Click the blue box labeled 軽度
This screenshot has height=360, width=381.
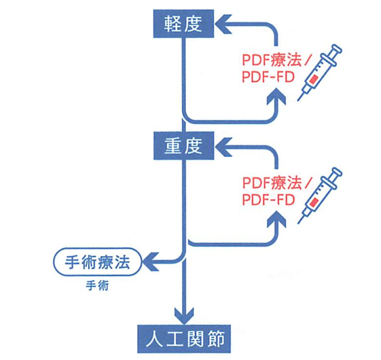point(183,24)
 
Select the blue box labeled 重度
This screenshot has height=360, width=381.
point(183,145)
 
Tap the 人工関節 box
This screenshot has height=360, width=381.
point(184,339)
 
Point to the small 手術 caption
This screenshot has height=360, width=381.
point(97,286)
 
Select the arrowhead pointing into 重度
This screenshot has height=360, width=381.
point(223,147)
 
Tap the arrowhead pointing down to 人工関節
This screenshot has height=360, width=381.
point(184,315)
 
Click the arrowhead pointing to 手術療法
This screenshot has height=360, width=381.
point(151,262)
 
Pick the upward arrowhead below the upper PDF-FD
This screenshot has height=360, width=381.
point(276,96)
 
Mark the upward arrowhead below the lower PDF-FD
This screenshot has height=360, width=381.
point(276,219)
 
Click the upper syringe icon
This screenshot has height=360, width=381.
point(320,72)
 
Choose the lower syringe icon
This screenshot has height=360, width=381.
point(320,195)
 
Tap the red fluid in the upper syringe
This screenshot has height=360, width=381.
point(312,79)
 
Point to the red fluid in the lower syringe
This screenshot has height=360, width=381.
point(312,202)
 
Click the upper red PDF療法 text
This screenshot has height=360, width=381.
point(272,60)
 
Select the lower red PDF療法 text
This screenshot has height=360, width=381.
point(272,183)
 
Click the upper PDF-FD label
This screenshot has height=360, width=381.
point(268,77)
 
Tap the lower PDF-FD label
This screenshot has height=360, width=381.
point(268,200)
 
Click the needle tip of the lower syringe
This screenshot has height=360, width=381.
point(298,223)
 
